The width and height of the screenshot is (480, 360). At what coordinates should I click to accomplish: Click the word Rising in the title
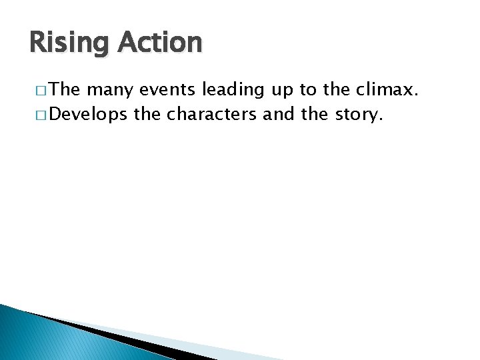pyautogui.click(x=69, y=43)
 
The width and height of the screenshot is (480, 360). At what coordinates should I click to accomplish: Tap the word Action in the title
pyautogui.click(x=160, y=43)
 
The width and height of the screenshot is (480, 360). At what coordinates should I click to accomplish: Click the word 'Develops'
pyautogui.click(x=88, y=115)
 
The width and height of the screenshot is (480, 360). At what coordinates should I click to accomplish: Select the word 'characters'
pyautogui.click(x=212, y=114)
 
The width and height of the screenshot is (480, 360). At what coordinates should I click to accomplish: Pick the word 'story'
pyautogui.click(x=358, y=115)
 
